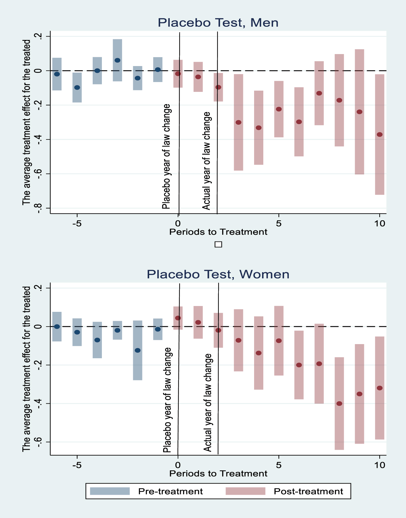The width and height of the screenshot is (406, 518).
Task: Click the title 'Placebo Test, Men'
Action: [x=218, y=23]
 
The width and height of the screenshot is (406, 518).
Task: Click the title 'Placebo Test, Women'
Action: [x=218, y=274]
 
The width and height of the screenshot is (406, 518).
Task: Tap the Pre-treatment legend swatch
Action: [x=110, y=491]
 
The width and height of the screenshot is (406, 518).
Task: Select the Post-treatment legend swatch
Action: [x=246, y=491]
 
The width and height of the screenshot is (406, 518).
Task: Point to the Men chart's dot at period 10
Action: [x=380, y=135]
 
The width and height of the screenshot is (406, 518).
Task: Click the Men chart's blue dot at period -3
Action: [x=117, y=60]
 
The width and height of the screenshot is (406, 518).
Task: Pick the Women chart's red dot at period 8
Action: [x=339, y=404]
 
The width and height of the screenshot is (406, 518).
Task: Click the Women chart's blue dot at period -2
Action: [x=137, y=350]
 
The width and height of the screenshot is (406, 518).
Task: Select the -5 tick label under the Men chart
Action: [x=77, y=223]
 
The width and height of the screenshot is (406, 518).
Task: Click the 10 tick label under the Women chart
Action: [x=380, y=465]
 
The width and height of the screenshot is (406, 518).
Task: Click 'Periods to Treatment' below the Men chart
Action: [x=218, y=232]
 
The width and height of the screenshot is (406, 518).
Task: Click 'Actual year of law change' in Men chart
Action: [x=207, y=161]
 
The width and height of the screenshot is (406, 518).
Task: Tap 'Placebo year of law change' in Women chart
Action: [x=167, y=400]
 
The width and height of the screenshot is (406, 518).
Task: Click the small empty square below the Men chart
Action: [x=218, y=245]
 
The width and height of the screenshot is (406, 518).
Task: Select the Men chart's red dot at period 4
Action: [x=259, y=128]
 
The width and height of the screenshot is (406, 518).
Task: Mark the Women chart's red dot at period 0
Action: [x=178, y=318]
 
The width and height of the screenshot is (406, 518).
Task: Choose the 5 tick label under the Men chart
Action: [x=278, y=223]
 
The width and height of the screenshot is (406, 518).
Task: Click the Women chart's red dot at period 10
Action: [x=380, y=388]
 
